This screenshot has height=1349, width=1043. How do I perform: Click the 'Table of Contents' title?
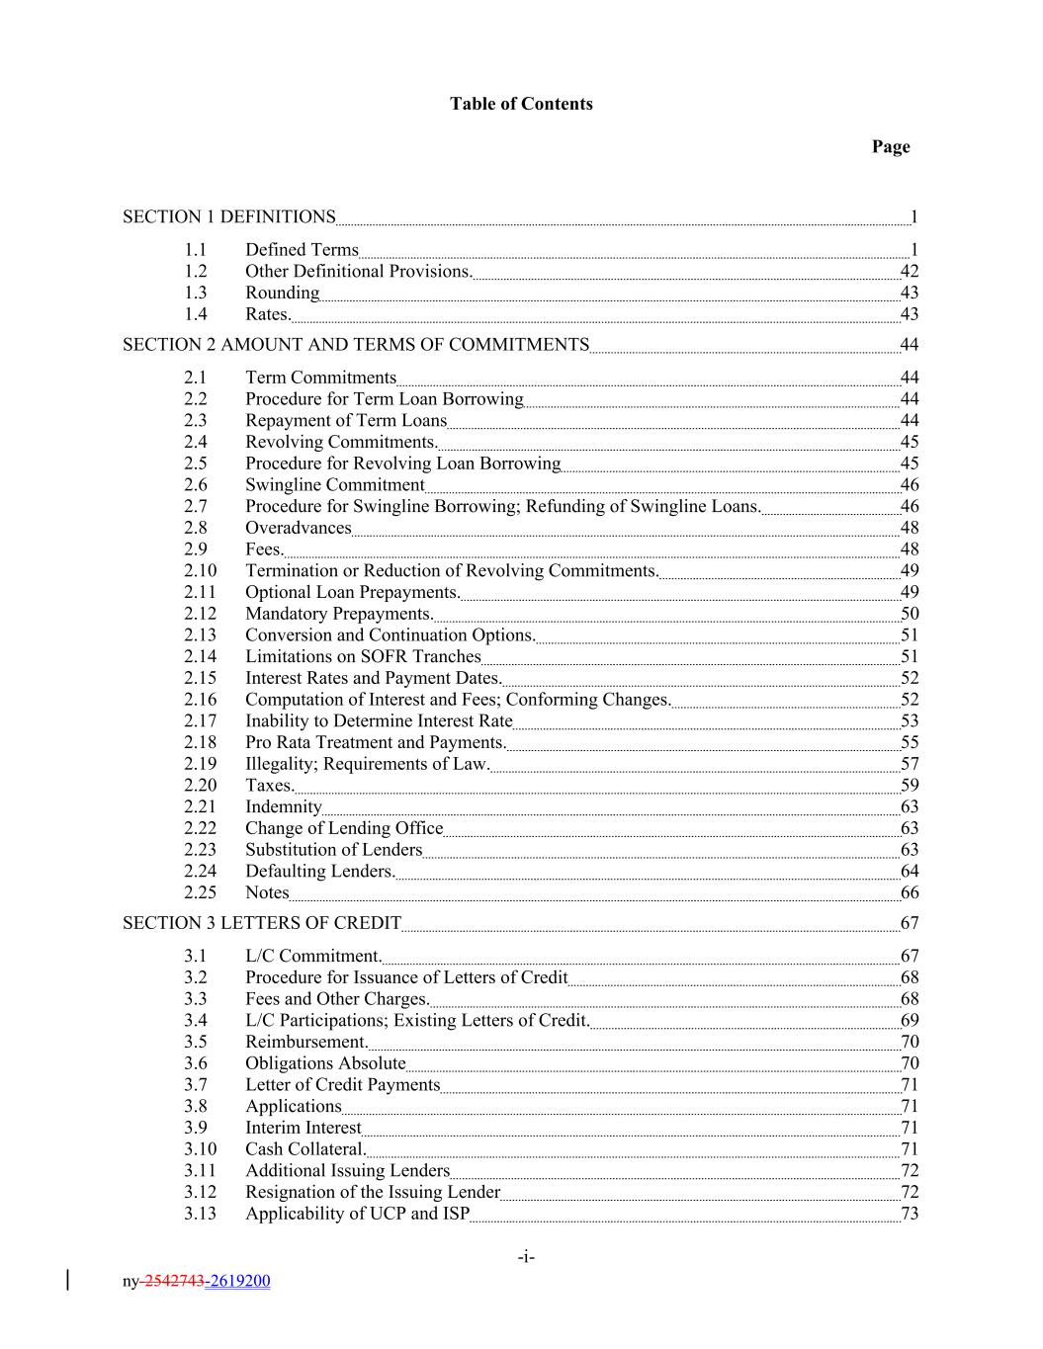521,104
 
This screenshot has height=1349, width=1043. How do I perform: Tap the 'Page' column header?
890,146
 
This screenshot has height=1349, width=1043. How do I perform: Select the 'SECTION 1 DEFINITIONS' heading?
228,216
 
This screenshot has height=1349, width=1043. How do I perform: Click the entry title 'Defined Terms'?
302,249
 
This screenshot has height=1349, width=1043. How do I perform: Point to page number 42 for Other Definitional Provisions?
910,271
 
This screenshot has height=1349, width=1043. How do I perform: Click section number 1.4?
196,314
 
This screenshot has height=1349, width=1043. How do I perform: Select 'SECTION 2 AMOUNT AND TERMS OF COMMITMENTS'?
356,344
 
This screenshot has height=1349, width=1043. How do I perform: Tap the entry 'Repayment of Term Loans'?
346,420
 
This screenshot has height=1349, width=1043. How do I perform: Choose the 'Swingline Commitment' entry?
334,484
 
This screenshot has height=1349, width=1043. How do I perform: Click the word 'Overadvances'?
298,528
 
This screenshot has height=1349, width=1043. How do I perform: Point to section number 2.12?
200,614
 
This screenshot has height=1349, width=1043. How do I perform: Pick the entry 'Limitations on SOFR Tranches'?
363,656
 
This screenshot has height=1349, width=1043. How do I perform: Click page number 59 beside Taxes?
910,786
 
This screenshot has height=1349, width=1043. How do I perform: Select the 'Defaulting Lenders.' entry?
320,871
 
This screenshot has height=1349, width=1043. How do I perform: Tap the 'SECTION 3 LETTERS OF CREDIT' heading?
262,923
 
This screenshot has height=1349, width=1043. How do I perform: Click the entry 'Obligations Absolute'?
325,1063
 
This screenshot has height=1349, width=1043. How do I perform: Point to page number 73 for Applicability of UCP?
910,1214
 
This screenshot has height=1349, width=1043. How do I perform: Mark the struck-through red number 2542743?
174,1282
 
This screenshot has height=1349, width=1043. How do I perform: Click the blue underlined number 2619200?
238,1282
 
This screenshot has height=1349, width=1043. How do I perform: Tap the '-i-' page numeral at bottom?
526,1257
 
